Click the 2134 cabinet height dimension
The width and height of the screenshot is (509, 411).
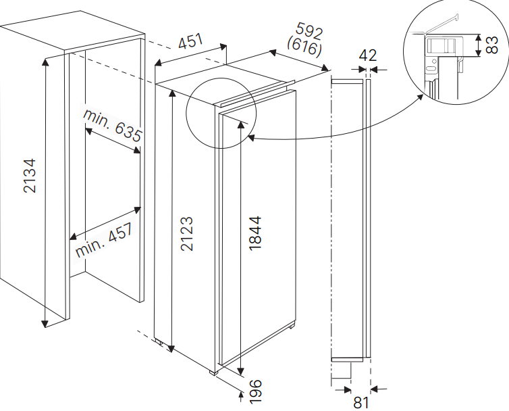click(x=30, y=176)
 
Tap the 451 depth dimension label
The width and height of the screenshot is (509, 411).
click(x=191, y=41)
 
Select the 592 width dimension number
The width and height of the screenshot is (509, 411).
click(x=309, y=31)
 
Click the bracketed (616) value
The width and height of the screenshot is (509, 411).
click(x=304, y=47)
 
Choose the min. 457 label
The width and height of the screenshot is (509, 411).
click(x=104, y=240)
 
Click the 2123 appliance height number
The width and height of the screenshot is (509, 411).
click(x=186, y=234)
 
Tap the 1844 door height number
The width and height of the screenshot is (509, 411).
click(x=255, y=233)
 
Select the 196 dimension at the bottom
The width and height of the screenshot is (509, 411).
click(x=255, y=391)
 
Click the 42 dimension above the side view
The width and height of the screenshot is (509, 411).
click(x=368, y=55)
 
